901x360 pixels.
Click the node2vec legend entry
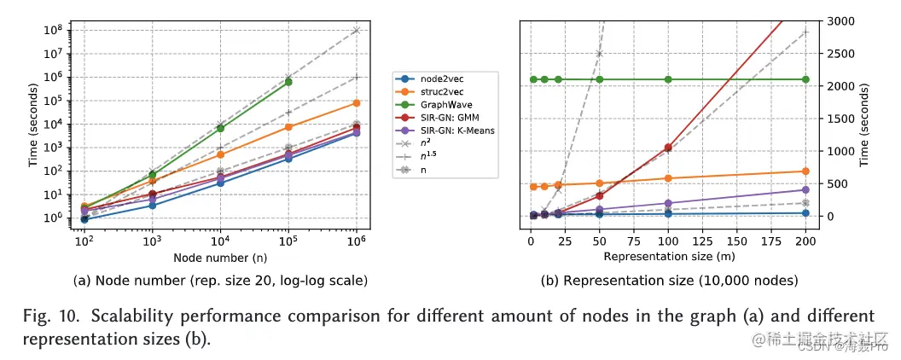[440, 78]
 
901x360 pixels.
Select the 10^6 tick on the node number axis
[357, 241]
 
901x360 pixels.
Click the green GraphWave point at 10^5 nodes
[288, 82]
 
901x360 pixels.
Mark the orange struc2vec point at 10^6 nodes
[356, 103]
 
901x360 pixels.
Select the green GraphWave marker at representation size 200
[805, 79]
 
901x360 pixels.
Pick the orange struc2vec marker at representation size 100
[668, 178]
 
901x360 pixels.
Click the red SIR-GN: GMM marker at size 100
[668, 148]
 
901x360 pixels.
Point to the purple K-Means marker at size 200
[805, 189]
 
